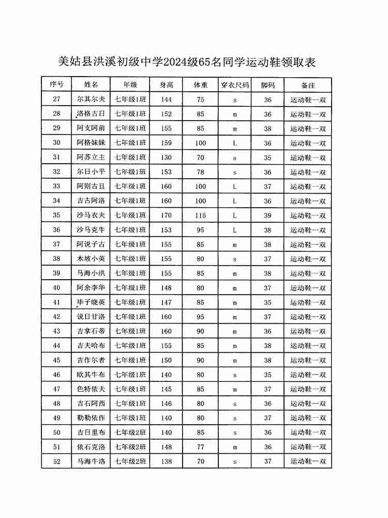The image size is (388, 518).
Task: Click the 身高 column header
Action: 166,84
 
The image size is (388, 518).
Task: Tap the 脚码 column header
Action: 267,84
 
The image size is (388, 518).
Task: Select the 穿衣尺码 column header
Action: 234,84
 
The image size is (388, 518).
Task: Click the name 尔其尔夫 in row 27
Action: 91,99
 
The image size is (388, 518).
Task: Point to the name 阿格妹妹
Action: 91,143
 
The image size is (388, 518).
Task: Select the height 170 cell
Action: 166,215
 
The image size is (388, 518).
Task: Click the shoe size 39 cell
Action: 267,215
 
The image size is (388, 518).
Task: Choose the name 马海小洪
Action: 91,274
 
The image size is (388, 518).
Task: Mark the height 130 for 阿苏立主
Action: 166,157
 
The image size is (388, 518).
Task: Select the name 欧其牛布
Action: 91,375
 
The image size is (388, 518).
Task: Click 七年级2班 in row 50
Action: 130,433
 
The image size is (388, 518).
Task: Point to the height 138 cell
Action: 166,461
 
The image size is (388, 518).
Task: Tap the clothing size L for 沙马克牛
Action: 234,230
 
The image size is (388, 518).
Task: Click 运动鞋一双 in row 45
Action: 308,360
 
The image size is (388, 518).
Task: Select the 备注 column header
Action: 308,84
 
